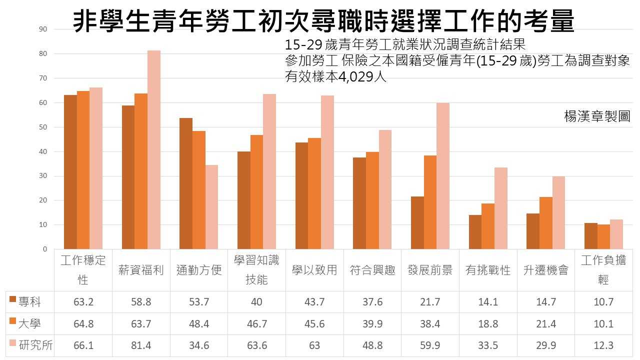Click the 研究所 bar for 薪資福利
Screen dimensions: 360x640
coord(154,150)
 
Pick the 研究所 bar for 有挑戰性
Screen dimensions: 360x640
coord(500,208)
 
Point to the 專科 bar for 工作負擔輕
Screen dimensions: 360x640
coord(590,236)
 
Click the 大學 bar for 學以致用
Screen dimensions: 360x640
coord(314,193)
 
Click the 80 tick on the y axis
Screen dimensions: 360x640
coord(43,53)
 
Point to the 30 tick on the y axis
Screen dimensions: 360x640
coord(43,176)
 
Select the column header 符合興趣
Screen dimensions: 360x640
coord(372,270)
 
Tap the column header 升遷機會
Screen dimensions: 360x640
coord(545,270)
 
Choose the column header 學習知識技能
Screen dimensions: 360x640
coord(256,270)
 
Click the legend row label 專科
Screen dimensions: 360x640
coord(29,302)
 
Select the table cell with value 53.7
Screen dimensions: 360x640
coord(199,302)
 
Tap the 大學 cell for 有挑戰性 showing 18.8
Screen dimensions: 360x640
coord(488,324)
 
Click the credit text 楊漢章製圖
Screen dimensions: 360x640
coord(597,117)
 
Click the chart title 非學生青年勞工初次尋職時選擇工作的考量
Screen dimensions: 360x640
coord(324,22)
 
